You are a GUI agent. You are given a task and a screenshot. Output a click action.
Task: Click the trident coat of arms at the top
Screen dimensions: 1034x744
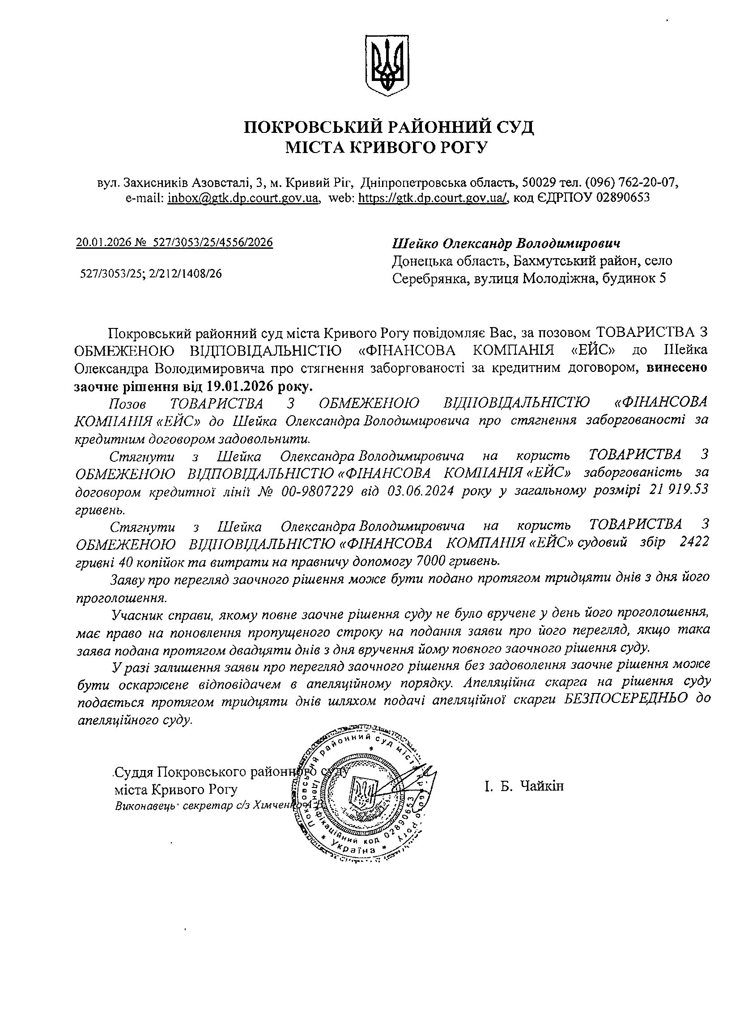(x=387, y=66)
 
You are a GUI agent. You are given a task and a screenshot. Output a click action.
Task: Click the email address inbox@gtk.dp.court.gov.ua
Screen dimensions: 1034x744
(x=243, y=198)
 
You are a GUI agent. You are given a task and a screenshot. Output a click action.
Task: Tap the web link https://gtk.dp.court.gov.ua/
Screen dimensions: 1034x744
(x=433, y=198)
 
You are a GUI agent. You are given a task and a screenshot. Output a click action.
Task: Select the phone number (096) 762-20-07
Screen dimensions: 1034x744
(x=629, y=183)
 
